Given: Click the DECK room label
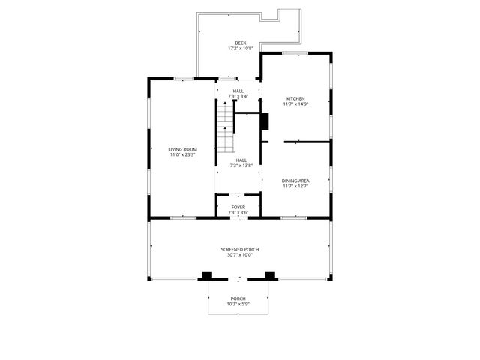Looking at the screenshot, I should [240, 43].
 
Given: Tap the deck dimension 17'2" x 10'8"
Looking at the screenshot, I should [240, 49].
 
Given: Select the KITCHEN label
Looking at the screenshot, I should [295, 98].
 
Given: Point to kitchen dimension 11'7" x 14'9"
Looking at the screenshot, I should [295, 104].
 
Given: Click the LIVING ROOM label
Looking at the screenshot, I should [181, 149].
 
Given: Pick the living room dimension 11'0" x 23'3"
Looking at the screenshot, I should [181, 155].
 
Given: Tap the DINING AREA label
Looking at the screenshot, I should [295, 181].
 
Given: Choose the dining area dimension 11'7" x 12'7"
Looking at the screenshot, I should [295, 187].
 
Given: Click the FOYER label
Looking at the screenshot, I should [238, 207].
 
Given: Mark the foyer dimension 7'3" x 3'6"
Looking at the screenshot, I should [238, 213].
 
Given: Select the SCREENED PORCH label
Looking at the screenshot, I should [240, 249].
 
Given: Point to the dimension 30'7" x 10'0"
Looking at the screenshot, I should [240, 255].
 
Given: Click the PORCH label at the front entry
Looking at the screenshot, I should [238, 298].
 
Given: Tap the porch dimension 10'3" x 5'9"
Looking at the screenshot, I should [238, 304].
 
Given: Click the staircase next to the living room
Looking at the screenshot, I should [226, 126].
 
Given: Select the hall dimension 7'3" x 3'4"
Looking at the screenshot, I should [238, 97].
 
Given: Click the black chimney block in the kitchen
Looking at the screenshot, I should [264, 121].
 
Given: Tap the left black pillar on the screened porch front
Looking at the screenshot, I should [207, 275].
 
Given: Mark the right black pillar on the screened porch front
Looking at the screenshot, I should [270, 275].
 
